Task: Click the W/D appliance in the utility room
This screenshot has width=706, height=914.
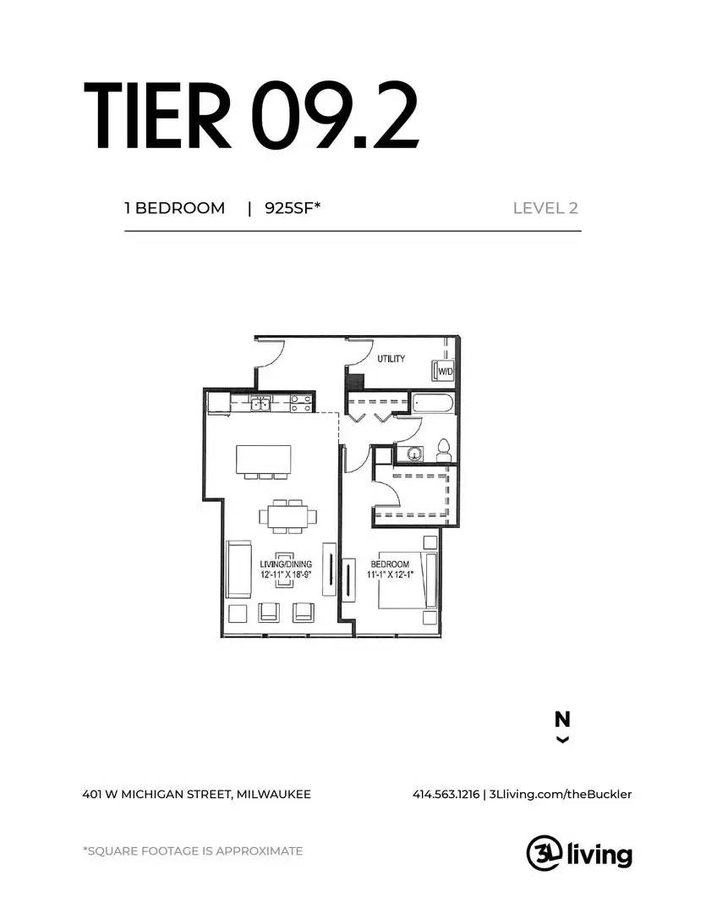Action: click(443, 371)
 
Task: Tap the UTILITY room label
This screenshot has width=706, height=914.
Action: click(391, 358)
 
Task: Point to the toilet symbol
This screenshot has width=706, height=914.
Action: click(442, 450)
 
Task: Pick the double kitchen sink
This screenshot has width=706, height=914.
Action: click(261, 404)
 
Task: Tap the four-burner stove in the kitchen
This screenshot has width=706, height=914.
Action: click(300, 404)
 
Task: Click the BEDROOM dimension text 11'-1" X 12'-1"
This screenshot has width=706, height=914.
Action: click(390, 575)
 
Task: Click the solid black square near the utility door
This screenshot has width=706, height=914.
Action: click(356, 382)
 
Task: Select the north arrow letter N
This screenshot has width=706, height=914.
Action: click(562, 719)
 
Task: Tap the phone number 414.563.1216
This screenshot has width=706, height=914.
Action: click(446, 794)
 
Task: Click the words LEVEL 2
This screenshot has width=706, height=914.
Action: click(545, 208)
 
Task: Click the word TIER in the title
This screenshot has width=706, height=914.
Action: click(156, 116)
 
